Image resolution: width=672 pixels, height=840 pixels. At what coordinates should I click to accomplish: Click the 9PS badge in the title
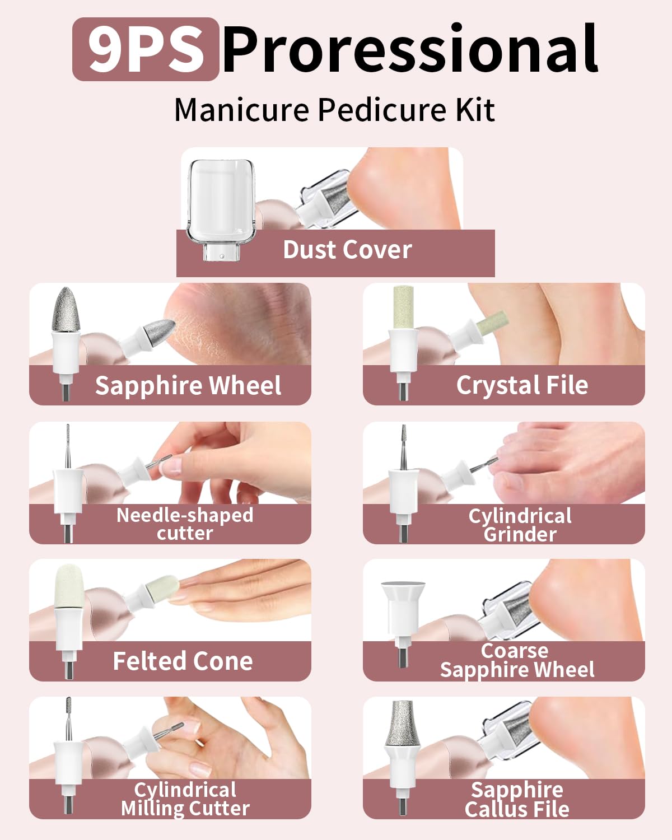(x=146, y=49)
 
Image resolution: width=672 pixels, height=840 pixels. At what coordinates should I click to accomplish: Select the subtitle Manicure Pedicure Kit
(x=334, y=110)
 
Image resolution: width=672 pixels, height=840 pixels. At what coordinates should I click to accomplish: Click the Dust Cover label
(x=347, y=250)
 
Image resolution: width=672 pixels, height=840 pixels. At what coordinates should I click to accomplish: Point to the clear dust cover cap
(x=221, y=202)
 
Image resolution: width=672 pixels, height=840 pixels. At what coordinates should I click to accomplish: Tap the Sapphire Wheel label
(x=188, y=386)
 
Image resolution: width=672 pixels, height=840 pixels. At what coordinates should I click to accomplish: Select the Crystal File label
(x=522, y=385)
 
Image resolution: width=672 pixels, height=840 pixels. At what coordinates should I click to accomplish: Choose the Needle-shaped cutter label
(x=185, y=524)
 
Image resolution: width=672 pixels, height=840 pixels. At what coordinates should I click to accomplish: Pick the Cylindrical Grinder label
(x=520, y=525)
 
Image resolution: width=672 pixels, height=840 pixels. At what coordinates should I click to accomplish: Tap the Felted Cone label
(x=183, y=661)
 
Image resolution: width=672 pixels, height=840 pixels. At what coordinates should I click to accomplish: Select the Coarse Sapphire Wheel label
(x=516, y=661)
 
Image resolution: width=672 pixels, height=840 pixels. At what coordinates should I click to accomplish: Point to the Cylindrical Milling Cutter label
(x=185, y=799)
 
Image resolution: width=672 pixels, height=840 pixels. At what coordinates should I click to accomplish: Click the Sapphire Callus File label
(x=516, y=800)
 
